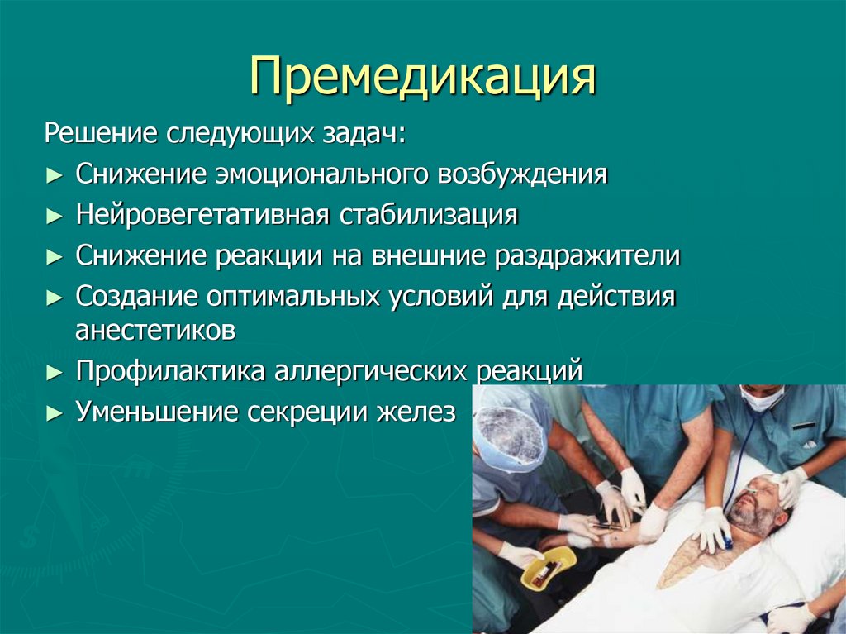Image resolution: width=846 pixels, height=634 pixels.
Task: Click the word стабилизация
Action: pyautogui.click(x=427, y=216)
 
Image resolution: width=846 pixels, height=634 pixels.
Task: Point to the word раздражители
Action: pyautogui.click(x=587, y=256)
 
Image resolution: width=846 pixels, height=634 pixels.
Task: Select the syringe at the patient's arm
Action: pyautogui.click(x=607, y=526)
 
